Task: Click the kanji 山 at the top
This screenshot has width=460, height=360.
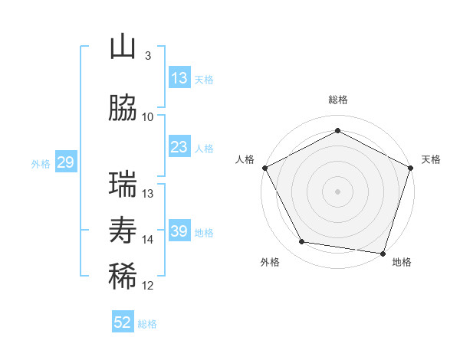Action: coord(123,47)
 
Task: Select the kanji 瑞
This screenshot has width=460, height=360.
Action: coord(123,185)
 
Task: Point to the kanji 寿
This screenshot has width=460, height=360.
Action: coord(123,231)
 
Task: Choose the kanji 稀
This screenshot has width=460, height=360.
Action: coord(123,277)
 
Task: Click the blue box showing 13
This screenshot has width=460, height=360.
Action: coord(179,78)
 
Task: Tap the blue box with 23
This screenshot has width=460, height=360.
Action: coord(179,147)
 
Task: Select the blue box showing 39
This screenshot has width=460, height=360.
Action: coord(179,231)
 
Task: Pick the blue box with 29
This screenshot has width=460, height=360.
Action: coord(65,162)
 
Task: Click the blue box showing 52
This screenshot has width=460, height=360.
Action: coord(123,322)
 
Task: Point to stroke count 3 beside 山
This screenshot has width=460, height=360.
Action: coord(147,55)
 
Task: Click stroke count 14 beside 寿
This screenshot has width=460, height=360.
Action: coord(148,240)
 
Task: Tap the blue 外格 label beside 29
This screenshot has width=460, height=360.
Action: coord(41,163)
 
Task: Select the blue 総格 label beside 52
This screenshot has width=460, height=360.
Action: coord(147,324)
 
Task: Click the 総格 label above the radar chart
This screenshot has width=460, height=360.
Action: coord(337,100)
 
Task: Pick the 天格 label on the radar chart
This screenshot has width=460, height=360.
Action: coord(432,159)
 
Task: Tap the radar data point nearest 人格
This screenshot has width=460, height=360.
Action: coord(264,167)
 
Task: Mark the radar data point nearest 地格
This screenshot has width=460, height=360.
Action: coord(383,253)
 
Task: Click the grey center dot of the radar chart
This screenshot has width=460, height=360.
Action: coord(337,191)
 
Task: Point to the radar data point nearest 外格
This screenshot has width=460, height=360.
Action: coord(301,242)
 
